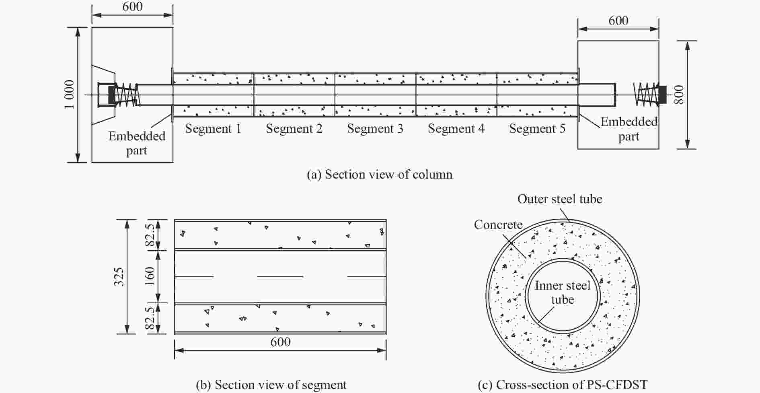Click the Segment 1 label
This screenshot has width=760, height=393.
click(213, 129)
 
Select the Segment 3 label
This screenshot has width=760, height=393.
click(375, 129)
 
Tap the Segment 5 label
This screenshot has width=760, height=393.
click(537, 129)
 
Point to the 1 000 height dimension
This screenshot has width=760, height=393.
click(69, 95)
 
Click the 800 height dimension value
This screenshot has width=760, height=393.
click(679, 95)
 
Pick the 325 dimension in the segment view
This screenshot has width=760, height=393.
click(119, 276)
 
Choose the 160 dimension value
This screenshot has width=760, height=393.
click(150, 276)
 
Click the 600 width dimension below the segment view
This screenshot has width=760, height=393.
click(280, 342)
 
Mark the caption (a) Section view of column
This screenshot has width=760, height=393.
click(380, 174)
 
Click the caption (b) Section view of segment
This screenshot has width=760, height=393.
click(271, 385)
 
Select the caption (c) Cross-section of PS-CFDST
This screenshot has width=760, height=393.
click(563, 385)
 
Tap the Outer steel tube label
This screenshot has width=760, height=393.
click(560, 199)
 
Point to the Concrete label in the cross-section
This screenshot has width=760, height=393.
click(498, 224)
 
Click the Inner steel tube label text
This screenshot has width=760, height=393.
click(563, 292)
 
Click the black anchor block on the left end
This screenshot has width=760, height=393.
click(112, 95)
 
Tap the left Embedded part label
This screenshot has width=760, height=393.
click(137, 143)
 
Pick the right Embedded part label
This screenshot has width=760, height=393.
click(629, 129)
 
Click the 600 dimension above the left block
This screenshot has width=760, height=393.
click(133, 7)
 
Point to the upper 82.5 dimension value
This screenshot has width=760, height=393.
click(150, 235)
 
